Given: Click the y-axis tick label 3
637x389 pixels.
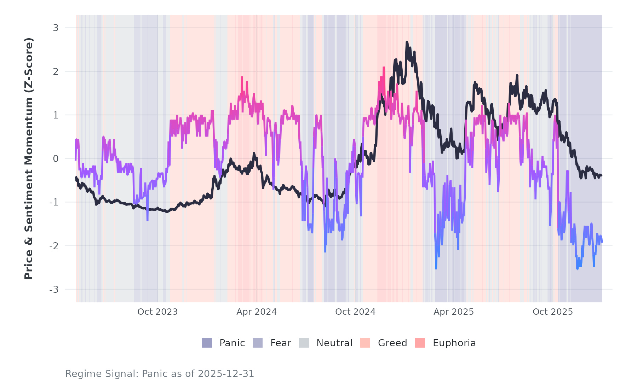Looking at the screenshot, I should click(56, 28).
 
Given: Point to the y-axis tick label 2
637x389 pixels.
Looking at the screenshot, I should click(56, 71).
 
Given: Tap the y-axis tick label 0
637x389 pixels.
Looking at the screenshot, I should click(56, 159).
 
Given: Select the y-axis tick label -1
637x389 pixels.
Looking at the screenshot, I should click(54, 202).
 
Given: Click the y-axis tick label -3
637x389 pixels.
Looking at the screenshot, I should click(54, 290).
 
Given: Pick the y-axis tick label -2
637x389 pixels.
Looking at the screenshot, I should click(54, 246).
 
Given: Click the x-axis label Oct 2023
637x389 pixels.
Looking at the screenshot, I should click(157, 312).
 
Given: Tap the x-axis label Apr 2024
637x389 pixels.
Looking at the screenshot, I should click(257, 312).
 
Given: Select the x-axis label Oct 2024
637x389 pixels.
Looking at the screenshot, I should click(355, 312).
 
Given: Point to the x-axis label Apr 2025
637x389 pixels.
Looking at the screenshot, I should click(454, 312).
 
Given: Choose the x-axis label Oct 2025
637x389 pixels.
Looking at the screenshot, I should click(553, 312).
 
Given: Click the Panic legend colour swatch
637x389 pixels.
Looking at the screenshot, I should click(207, 343).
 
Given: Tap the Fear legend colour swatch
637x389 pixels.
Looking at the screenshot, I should click(258, 343).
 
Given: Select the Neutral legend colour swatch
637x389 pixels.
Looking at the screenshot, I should click(304, 343).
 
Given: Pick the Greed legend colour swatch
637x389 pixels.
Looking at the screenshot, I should click(365, 343).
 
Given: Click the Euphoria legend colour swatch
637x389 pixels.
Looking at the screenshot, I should click(420, 343).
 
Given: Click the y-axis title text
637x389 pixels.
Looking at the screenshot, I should click(29, 158).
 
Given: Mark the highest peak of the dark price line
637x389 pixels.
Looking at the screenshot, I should click(407, 42).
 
